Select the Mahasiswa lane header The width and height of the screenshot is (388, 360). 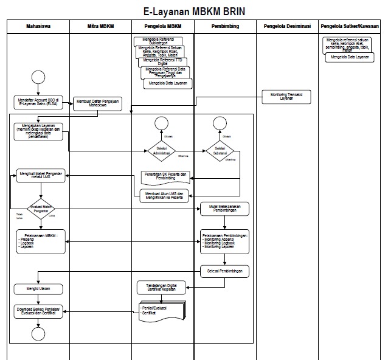38,27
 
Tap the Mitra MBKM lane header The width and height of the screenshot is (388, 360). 100,27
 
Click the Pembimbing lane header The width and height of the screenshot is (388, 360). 225,27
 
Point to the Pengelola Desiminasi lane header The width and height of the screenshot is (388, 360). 286,27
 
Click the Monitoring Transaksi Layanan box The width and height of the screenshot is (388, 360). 286,95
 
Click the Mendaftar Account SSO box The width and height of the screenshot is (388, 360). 39,102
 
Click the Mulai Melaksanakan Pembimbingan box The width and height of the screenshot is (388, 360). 225,208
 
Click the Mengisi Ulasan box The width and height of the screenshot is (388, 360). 39,288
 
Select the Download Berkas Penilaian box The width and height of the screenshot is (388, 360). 39,311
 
